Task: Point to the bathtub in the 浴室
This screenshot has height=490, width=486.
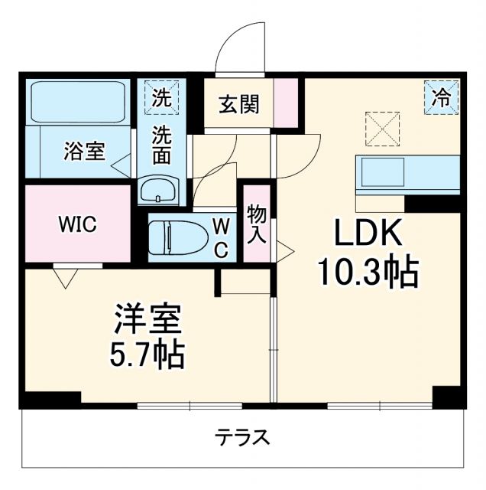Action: click(x=78, y=103)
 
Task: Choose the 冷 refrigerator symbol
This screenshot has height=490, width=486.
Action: click(x=442, y=97)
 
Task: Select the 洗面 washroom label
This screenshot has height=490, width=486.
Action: click(x=161, y=145)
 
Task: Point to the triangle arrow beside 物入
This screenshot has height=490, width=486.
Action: click(x=284, y=249)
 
